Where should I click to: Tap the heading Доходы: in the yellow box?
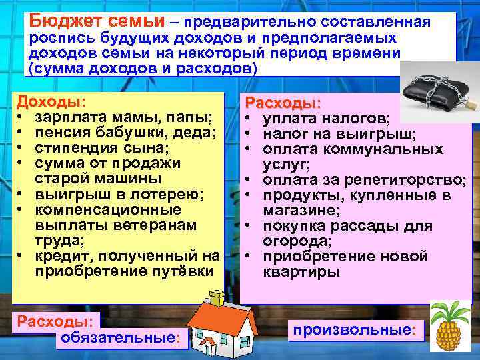51,103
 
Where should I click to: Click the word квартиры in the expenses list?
301,272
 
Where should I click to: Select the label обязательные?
120,338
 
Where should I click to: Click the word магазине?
301,211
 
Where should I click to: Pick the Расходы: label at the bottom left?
57,321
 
